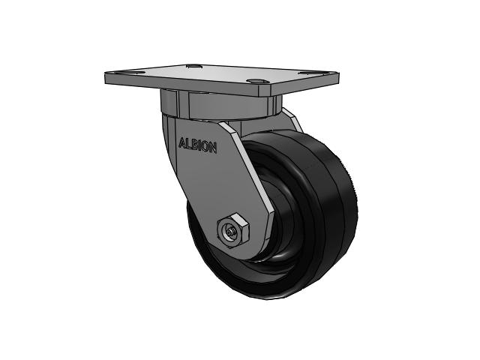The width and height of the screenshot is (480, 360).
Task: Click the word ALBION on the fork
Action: pyautogui.click(x=197, y=145)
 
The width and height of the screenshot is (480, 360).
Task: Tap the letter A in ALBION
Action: pyautogui.click(x=181, y=140)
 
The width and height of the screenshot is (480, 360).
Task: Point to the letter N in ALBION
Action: pyautogui.click(x=214, y=148)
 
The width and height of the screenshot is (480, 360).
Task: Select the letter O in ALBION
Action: pyautogui.click(x=207, y=147)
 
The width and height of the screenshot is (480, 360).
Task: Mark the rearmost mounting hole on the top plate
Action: pyautogui.click(x=194, y=67)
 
